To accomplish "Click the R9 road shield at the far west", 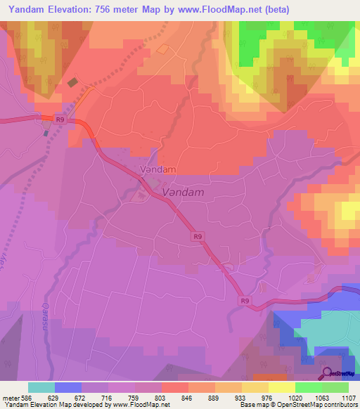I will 60,120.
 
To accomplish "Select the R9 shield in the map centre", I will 198,238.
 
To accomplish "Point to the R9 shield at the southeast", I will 244,301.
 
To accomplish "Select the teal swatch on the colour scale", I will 41,387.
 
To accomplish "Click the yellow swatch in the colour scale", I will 282,387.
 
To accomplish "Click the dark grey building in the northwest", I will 73,82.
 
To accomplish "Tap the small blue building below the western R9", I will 46,132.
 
